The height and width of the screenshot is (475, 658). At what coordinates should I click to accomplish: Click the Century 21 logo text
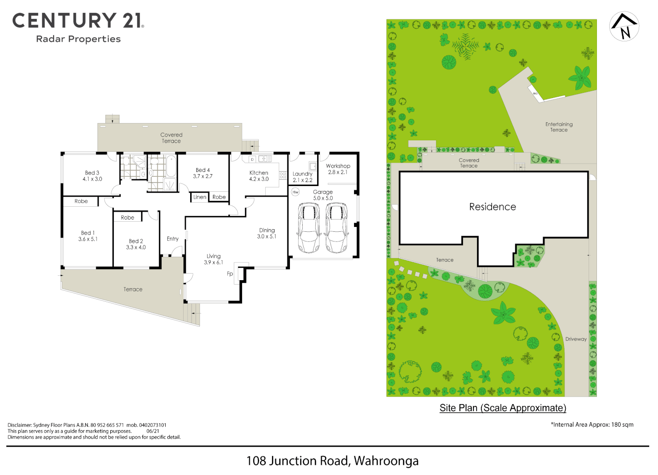(x=78, y=21)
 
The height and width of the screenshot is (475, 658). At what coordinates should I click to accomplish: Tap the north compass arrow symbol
(x=624, y=26)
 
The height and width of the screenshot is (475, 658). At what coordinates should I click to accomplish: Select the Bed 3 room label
(x=92, y=173)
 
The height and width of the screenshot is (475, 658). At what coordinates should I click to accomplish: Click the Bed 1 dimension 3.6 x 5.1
(x=88, y=239)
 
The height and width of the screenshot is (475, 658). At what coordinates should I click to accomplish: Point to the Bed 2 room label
(x=136, y=241)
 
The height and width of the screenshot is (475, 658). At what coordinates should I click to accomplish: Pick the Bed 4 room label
(x=202, y=170)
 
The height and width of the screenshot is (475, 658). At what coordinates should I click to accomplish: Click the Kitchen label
(x=259, y=173)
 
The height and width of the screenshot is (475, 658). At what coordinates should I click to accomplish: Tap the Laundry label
(x=303, y=174)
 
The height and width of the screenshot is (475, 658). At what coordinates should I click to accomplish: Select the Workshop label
(x=338, y=166)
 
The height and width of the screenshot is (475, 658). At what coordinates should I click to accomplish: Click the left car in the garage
(x=309, y=227)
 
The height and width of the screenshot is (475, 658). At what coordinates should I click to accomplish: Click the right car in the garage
(x=337, y=227)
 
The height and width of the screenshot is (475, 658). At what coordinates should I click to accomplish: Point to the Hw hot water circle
(x=296, y=192)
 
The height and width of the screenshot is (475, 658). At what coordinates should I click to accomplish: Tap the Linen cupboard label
(x=200, y=197)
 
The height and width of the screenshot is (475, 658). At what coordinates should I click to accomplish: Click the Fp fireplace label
(x=230, y=274)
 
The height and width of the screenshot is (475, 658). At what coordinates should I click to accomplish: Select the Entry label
(x=173, y=239)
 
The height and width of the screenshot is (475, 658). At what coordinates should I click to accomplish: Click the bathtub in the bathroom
(x=170, y=166)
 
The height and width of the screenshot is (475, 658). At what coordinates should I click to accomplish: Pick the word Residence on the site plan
(x=492, y=207)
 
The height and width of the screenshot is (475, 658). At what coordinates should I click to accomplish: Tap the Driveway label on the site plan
(x=576, y=339)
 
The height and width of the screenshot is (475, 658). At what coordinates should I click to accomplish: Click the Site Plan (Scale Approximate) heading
(x=503, y=408)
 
